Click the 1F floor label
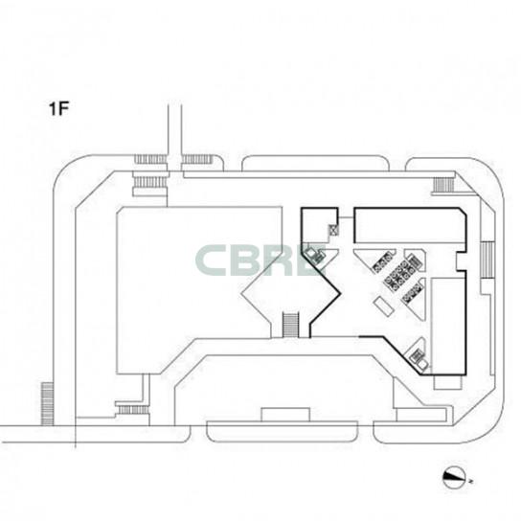coord(58,109)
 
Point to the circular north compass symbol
coord(454,478)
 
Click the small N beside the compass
coord(471,481)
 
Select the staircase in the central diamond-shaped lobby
coord(290,325)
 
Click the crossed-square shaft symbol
coord(333,229)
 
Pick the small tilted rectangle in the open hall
coord(383,306)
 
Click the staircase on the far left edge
coord(47,403)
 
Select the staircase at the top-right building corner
coord(443,185)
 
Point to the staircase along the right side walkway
coord(487,260)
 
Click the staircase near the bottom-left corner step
coord(133,410)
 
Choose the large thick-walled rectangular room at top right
coord(410,225)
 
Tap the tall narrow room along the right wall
coord(447,326)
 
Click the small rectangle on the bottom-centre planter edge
coord(285,415)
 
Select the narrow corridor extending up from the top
coord(175,137)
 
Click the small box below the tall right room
coord(447,382)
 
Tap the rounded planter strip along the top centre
coord(315,163)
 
